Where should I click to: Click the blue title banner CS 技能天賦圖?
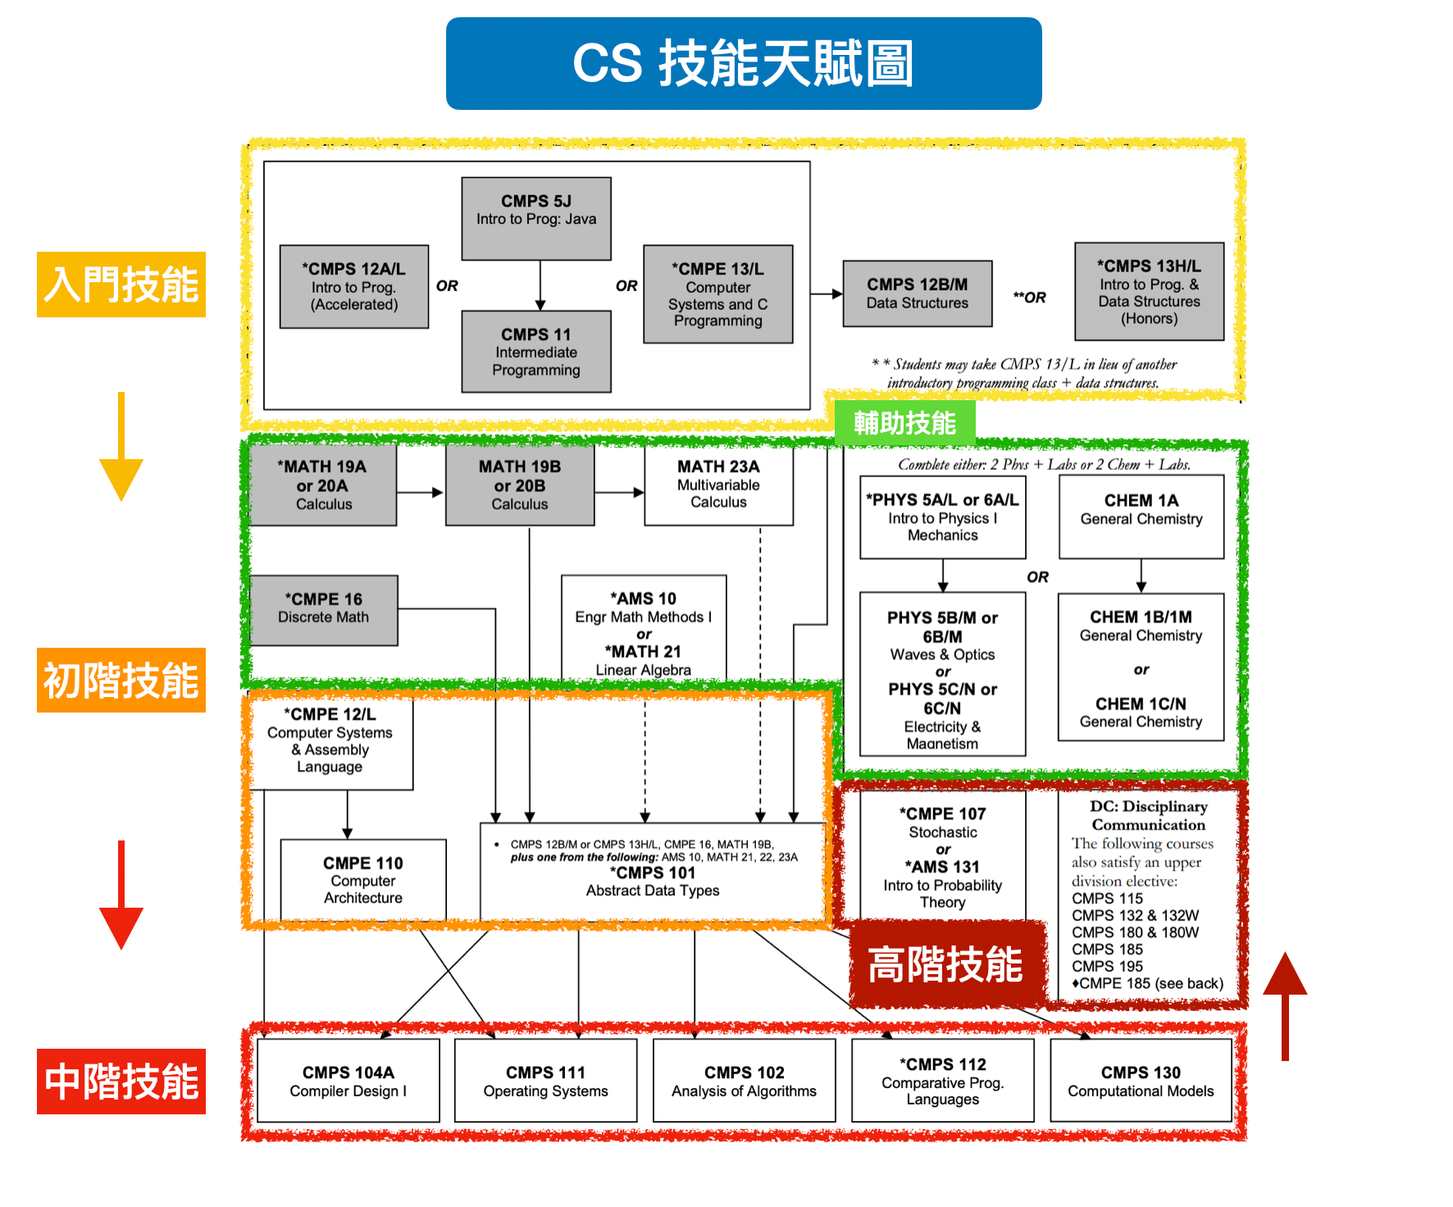(x=743, y=64)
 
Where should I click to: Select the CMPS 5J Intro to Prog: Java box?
(x=536, y=218)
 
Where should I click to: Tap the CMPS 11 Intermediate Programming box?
(x=536, y=352)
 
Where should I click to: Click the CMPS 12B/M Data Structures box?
(x=918, y=294)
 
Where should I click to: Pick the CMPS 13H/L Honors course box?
(x=1149, y=291)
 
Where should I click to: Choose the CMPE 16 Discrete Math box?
(x=323, y=610)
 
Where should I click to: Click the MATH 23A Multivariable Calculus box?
(x=718, y=485)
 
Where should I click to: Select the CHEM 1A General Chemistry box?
(x=1141, y=516)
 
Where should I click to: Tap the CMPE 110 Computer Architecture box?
(x=363, y=880)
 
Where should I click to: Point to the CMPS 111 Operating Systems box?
(x=545, y=1081)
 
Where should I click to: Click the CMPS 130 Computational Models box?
(x=1141, y=1081)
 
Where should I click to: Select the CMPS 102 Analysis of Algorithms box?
(x=744, y=1081)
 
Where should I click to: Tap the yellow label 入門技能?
(x=121, y=285)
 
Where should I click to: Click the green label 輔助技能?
(x=904, y=423)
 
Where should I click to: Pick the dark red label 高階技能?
(x=946, y=964)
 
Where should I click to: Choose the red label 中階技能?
(x=121, y=1082)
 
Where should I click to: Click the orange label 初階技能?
(x=121, y=681)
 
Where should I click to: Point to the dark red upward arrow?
(x=1285, y=1004)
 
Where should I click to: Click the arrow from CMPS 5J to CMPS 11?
(x=540, y=285)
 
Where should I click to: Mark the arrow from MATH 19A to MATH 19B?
(x=421, y=492)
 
